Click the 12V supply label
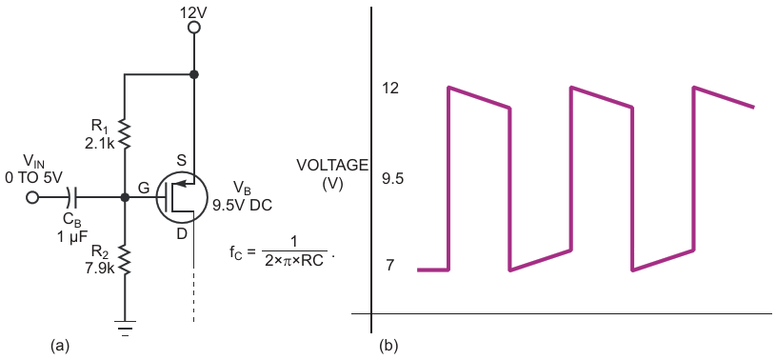194,10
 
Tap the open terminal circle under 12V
194,29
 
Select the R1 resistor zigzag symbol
125,133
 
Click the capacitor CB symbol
73,197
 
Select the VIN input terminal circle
32,197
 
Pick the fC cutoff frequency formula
279,250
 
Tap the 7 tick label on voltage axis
390,266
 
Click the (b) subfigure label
388,345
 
